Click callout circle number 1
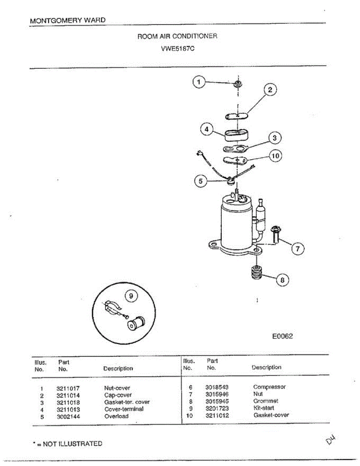point(199,82)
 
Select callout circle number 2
point(270,90)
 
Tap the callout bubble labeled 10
point(275,156)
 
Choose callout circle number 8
point(282,280)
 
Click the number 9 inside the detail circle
point(131,296)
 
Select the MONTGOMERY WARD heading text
point(67,20)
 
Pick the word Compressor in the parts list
point(269,387)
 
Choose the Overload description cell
point(116,416)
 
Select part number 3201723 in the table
point(217,408)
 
